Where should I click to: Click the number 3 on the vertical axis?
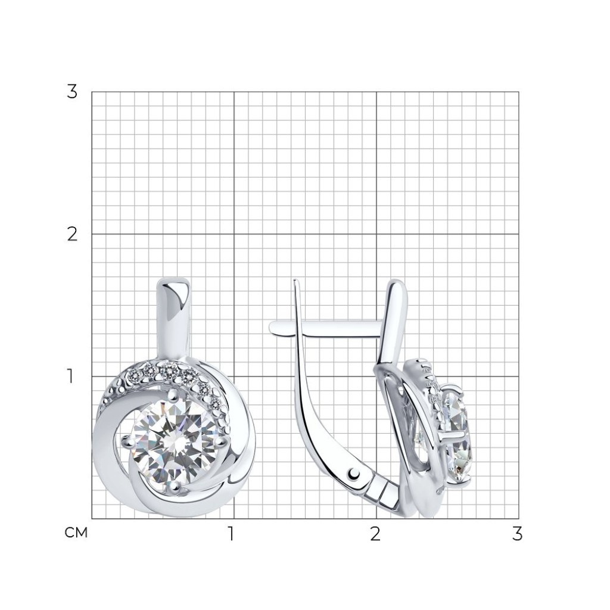coord(72,92)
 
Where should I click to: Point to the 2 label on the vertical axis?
coord(72,234)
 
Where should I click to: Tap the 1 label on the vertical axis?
coord(70,376)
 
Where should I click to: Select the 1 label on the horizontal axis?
coord(231,534)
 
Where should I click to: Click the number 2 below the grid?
coord(375,534)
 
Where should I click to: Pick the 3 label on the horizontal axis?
coord(516,534)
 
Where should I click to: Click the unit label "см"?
coord(76,533)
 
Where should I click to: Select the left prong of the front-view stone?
coord(127,441)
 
